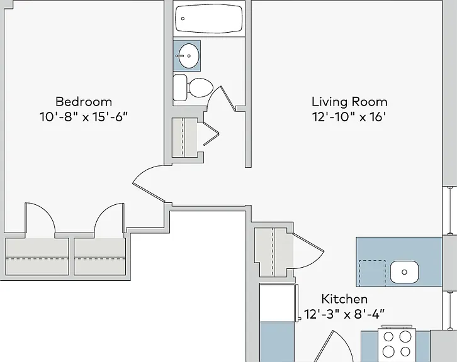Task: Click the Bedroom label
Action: [x=84, y=102]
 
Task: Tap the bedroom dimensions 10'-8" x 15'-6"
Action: [x=84, y=117]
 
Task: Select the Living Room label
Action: [x=349, y=102]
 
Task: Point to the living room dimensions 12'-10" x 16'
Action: [x=349, y=117]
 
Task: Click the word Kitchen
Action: [x=344, y=299]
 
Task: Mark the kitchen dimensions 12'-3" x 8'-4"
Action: [x=344, y=314]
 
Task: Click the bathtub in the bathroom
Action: [x=209, y=18]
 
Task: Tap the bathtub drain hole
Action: [x=183, y=19]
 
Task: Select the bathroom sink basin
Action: [x=189, y=56]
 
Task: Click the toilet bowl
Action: [x=201, y=87]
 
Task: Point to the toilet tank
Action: [x=180, y=87]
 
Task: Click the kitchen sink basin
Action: [x=404, y=271]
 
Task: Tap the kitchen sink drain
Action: [x=404, y=272]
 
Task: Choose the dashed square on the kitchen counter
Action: [x=372, y=273]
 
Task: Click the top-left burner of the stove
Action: [x=388, y=337]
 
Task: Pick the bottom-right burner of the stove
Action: [x=405, y=351]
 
